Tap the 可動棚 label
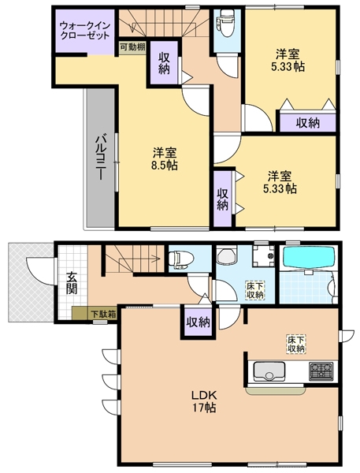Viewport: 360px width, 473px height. [132, 47]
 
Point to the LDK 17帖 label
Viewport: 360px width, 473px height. [205, 401]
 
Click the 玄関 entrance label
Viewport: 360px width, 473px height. [72, 282]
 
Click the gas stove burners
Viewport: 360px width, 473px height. [321, 371]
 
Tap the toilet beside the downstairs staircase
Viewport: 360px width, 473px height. [179, 258]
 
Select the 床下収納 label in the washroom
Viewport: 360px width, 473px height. [254, 289]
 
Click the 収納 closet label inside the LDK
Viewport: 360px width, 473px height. [198, 322]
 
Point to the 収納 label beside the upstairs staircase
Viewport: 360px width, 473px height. [164, 62]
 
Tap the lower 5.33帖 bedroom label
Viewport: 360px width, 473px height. [280, 182]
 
